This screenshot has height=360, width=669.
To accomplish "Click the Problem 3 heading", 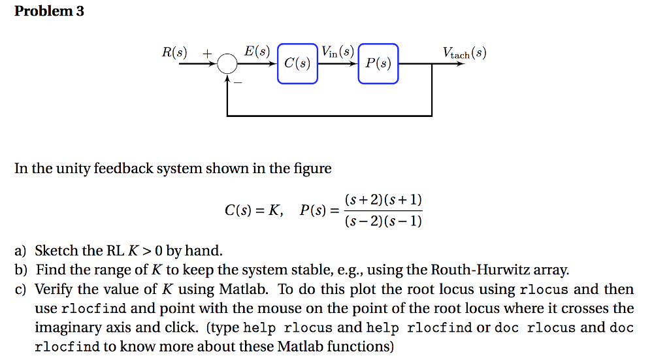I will [x=49, y=11].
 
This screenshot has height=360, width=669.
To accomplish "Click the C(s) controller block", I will [x=297, y=63].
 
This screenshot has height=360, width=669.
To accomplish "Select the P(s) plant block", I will [x=378, y=63].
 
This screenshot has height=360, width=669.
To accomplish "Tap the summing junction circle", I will [x=227, y=64].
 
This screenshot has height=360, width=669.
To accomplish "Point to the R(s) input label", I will [x=174, y=52].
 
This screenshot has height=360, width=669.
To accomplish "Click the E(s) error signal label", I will [x=256, y=50].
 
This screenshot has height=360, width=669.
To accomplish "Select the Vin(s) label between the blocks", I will [x=337, y=52].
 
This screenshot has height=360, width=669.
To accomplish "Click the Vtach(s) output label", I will [x=464, y=53].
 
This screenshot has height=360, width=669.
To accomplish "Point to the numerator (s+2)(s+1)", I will [x=383, y=199].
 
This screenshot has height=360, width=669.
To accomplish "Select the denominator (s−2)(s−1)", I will [x=383, y=221].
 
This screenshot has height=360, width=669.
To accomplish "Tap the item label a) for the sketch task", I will [x=22, y=250].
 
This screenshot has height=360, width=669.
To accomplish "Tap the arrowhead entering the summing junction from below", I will [x=227, y=78].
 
